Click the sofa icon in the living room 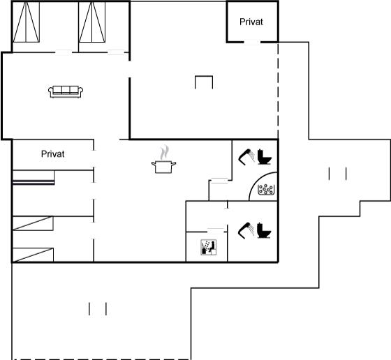(x=66, y=92)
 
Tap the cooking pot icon (x=163, y=167)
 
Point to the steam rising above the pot (x=164, y=153)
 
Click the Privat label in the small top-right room (x=251, y=22)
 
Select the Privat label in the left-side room (x=52, y=154)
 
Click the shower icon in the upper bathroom (x=246, y=157)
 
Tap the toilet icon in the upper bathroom (x=265, y=157)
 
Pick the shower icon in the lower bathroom (x=246, y=230)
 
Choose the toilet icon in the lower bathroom (x=264, y=230)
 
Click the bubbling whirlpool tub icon (x=266, y=190)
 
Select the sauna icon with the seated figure (x=209, y=247)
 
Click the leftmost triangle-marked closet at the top (x=27, y=22)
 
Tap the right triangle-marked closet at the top (x=92, y=22)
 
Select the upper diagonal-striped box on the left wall (x=33, y=223)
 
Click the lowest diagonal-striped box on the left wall (x=33, y=255)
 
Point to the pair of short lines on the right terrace (x=338, y=174)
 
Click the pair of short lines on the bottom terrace (x=98, y=308)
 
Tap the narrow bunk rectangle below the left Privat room (x=34, y=177)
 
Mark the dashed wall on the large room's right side (x=278, y=91)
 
